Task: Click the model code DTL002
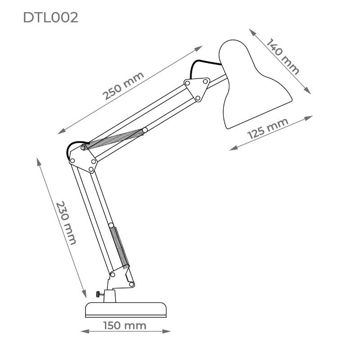point(50,18)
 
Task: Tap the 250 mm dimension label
point(123,85)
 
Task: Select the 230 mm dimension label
point(66,223)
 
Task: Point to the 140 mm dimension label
point(283,56)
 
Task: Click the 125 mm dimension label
point(268,129)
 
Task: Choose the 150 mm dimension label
point(125,325)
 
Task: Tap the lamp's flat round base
point(126,310)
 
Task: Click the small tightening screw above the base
point(99,294)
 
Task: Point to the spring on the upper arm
point(114,139)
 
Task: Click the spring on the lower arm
point(119,247)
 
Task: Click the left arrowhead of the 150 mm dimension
point(85,331)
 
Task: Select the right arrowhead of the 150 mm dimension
point(166,331)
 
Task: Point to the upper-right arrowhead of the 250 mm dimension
point(198,48)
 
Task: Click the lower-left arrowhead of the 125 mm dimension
point(234,148)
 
